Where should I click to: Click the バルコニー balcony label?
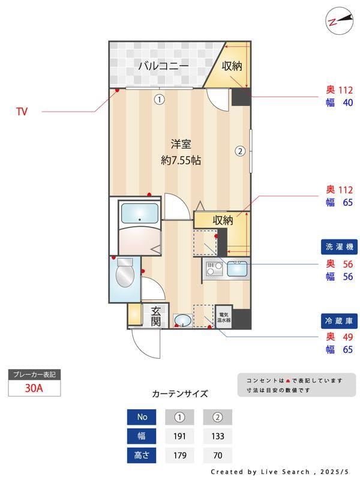click(x=163, y=66)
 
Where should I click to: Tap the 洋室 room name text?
click(x=181, y=144)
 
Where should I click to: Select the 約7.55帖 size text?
click(x=181, y=161)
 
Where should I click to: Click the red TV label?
click(x=22, y=112)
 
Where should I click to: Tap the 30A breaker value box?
click(x=34, y=388)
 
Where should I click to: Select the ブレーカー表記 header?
click(x=34, y=375)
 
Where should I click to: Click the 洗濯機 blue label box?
click(x=338, y=247)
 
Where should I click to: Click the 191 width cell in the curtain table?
click(x=179, y=436)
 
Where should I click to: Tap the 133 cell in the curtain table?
click(x=217, y=436)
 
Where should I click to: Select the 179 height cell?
click(x=179, y=455)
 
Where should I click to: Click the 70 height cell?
click(x=217, y=455)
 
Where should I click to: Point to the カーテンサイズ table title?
click(x=180, y=394)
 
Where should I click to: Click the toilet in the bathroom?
click(x=125, y=275)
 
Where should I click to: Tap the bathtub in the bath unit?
click(x=140, y=214)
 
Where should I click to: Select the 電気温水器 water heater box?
click(x=224, y=317)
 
